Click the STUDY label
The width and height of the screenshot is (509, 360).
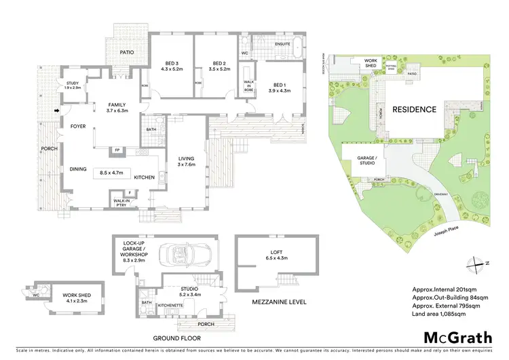tap(72, 83)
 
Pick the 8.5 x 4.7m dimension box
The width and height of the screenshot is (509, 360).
tap(112, 173)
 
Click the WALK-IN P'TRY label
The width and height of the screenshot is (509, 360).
tap(122, 202)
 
